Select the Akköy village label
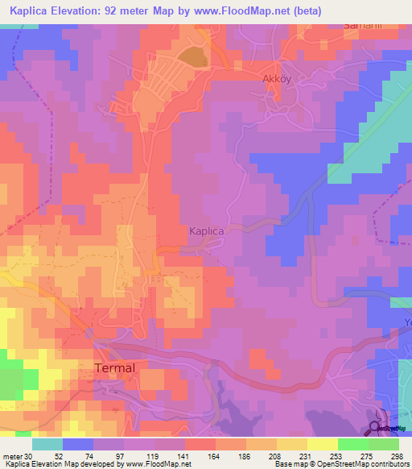280,80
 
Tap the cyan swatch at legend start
47,443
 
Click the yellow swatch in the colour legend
322,443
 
